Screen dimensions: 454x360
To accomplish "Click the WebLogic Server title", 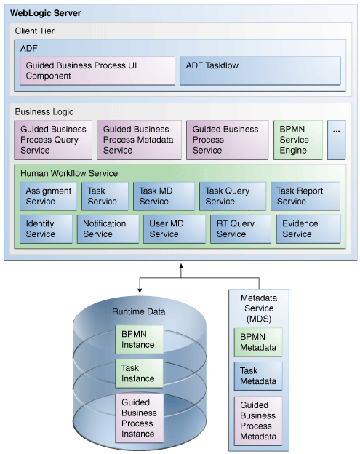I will click(46, 13).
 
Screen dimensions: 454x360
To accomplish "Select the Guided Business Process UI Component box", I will click(97, 71).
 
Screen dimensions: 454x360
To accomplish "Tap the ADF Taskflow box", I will click(260, 71).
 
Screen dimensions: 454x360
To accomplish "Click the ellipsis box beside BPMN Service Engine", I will click(336, 140).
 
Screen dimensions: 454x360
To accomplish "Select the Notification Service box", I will click(108, 228).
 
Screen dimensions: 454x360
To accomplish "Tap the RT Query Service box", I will click(240, 228).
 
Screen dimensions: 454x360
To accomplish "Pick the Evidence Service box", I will click(307, 228).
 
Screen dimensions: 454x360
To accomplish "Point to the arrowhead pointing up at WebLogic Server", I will click(181, 268).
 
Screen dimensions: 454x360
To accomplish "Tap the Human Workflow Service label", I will click(68, 174).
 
